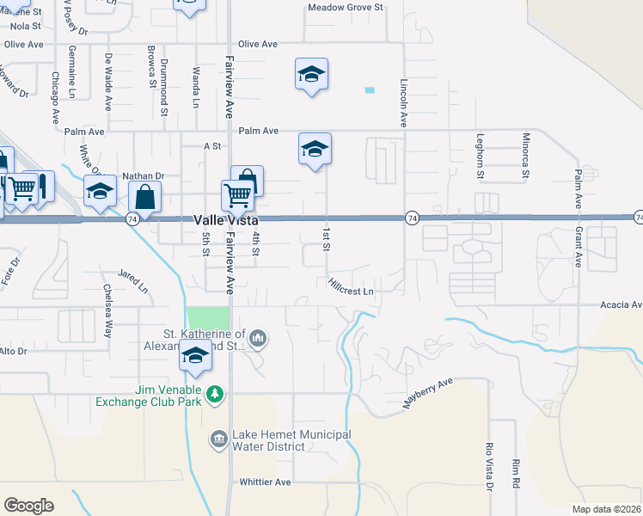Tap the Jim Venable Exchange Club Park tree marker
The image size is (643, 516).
[x=215, y=395]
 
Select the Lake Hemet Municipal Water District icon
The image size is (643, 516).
[x=218, y=439]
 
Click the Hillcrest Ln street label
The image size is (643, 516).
[x=353, y=287]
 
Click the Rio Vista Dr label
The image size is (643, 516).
[x=488, y=468]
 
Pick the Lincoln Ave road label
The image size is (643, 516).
[x=403, y=103]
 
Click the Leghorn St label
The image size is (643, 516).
[x=480, y=156]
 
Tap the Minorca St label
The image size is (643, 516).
[x=526, y=156]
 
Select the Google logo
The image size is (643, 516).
[x=28, y=506]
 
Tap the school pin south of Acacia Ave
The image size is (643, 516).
[x=196, y=357]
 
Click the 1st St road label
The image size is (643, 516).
[x=327, y=240]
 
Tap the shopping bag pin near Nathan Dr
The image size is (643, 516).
[x=147, y=197]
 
